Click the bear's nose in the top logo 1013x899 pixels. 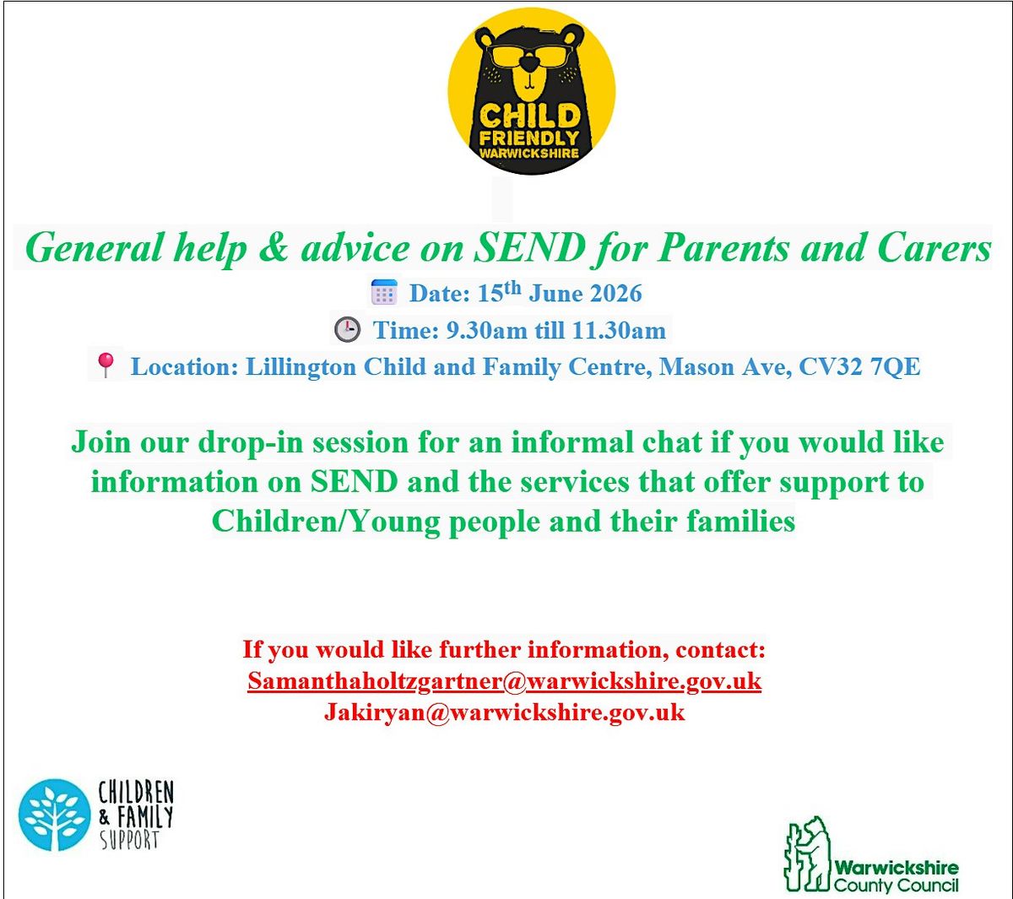(x=529, y=62)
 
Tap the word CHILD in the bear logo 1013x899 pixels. (x=529, y=116)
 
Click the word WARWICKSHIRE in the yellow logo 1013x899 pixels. (x=529, y=153)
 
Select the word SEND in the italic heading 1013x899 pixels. (x=529, y=248)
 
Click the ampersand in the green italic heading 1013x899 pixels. (x=274, y=248)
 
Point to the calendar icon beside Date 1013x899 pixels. (x=384, y=293)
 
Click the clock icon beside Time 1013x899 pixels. (x=347, y=329)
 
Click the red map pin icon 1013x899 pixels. (x=106, y=365)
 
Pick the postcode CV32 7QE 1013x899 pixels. (x=859, y=367)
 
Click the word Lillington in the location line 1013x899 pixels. (x=301, y=368)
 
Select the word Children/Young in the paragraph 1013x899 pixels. (x=326, y=522)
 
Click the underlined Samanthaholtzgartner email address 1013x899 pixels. (x=504, y=681)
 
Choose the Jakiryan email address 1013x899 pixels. (x=504, y=712)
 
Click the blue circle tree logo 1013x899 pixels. (x=55, y=815)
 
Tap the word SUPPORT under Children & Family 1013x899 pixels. (x=129, y=840)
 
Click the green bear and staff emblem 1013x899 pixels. (x=806, y=853)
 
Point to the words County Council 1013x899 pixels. (x=896, y=885)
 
